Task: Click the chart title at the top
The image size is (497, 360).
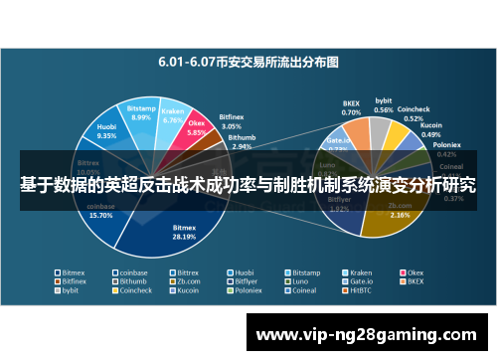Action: pos(248,61)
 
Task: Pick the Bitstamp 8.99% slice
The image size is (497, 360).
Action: pos(141,114)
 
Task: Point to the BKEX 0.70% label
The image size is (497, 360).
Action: pos(351,108)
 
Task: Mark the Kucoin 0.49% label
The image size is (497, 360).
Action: pos(431,129)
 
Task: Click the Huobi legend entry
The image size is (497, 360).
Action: pos(244,271)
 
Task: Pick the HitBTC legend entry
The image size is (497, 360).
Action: pos(358,291)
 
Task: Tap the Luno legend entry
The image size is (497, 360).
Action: pos(300,281)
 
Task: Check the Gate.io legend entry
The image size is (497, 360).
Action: pos(360,281)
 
